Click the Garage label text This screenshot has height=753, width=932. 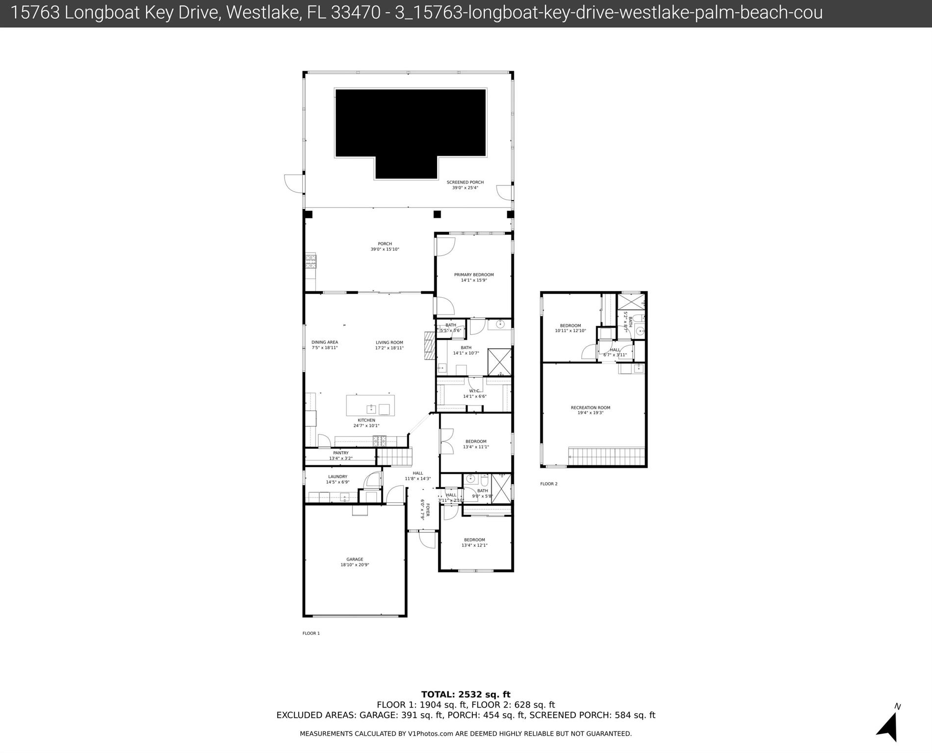355,559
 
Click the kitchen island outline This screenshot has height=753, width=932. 370,405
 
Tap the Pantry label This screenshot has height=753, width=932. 340,453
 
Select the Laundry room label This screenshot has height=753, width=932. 337,476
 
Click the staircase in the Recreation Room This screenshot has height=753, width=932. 606,456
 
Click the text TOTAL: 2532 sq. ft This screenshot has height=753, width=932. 466,694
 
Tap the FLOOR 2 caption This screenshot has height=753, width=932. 548,484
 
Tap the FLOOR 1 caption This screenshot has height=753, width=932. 311,633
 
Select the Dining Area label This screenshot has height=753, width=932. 324,342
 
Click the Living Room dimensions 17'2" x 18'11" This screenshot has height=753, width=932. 389,348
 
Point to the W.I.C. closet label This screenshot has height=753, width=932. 474,391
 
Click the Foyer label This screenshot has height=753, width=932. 427,510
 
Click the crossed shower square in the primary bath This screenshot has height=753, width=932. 499,362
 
